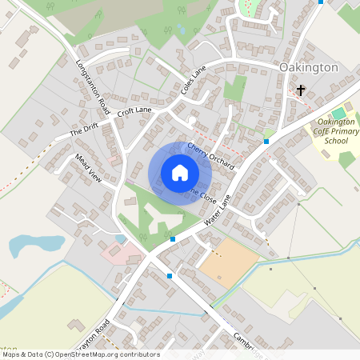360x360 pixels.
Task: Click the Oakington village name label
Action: pyautogui.click(x=310, y=68)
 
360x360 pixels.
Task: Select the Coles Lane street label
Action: pyautogui.click(x=194, y=82)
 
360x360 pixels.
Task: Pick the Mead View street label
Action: pyautogui.click(x=89, y=167)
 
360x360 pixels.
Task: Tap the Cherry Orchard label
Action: pyautogui.click(x=210, y=155)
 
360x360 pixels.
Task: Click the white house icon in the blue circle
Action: pyautogui.click(x=180, y=173)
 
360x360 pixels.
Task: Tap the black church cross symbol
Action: pyautogui.click(x=301, y=90)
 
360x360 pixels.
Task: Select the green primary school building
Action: pyautogui.click(x=339, y=113)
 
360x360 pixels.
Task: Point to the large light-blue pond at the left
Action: pyautogui.click(x=36, y=244)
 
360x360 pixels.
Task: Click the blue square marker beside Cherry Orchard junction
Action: pyautogui.click(x=266, y=141)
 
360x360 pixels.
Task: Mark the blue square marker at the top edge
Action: pyautogui.click(x=321, y=2)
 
